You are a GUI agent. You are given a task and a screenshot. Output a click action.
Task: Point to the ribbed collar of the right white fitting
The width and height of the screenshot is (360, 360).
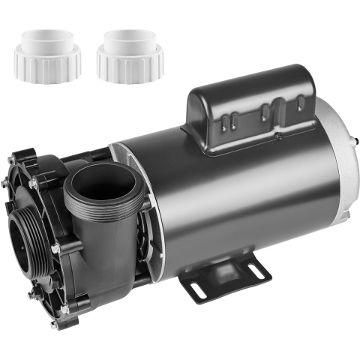[125, 68]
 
